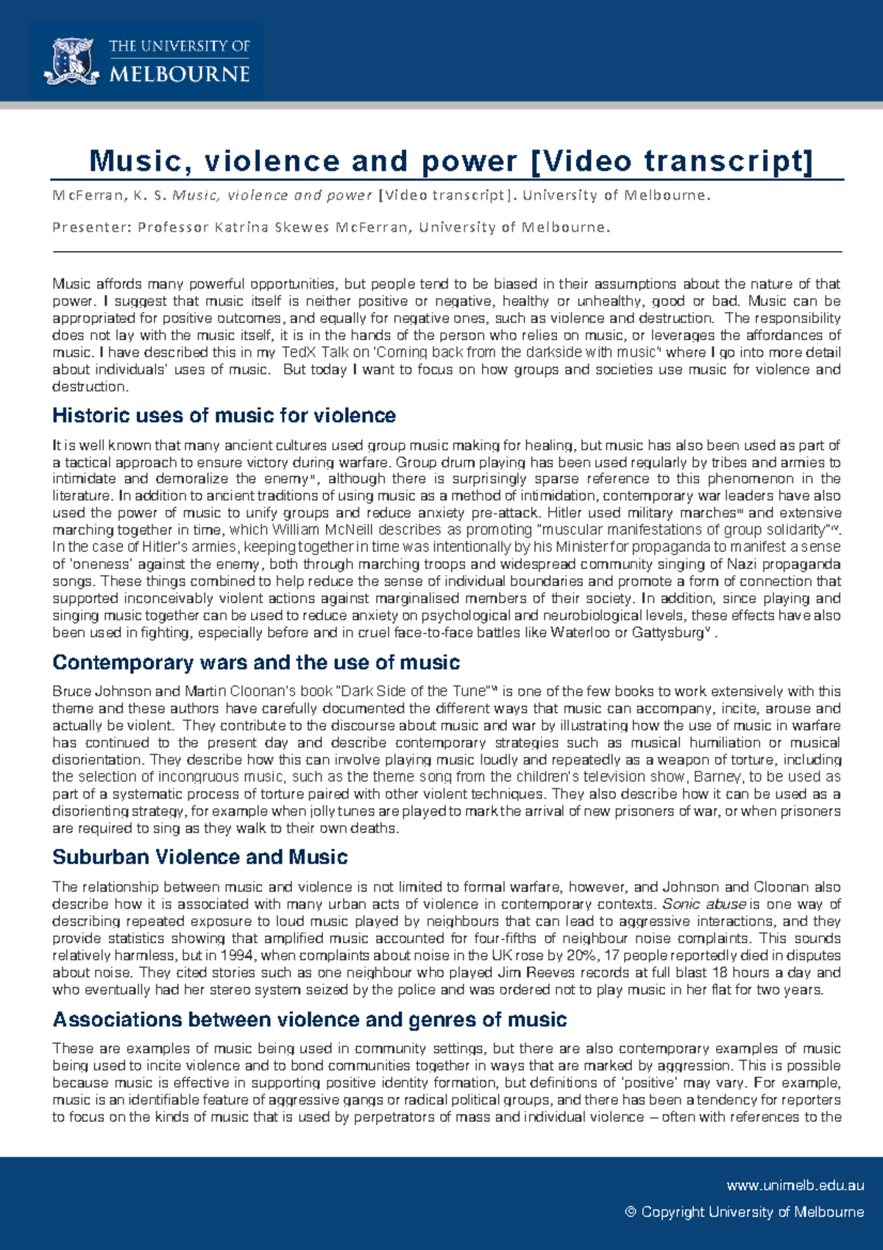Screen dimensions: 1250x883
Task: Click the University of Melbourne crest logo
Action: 71,61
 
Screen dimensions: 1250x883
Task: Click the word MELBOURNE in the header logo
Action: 180,74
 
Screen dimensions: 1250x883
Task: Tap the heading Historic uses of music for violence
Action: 224,416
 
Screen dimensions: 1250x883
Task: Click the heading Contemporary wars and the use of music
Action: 256,663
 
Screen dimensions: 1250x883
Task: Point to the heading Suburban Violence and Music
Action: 199,857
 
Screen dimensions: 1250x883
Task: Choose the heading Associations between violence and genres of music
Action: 309,1020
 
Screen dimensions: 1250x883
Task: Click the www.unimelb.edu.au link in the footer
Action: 795,1185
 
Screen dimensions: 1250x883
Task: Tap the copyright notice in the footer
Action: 744,1212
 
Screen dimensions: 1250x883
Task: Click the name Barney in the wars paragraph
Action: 717,777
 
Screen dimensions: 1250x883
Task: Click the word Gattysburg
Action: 667,632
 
